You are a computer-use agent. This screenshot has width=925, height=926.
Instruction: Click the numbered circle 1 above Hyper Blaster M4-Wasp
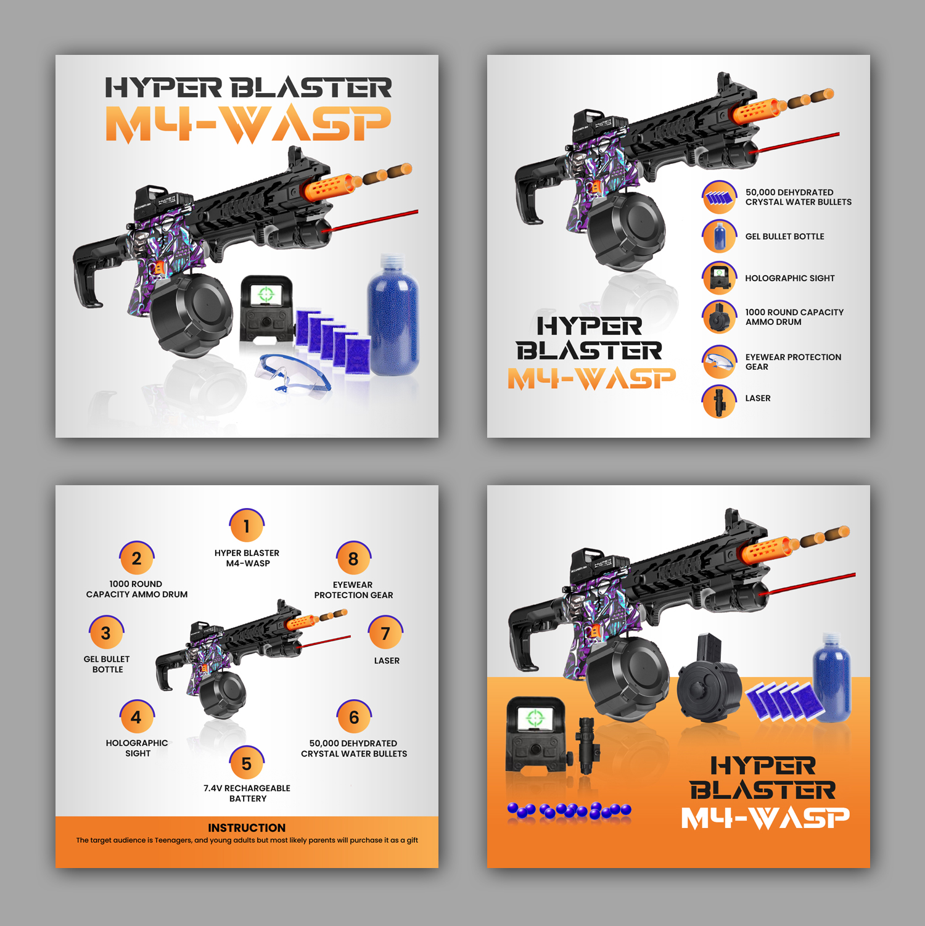247,525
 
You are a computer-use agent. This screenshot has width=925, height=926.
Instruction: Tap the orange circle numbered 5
247,763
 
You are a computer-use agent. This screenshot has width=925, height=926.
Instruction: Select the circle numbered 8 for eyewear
353,559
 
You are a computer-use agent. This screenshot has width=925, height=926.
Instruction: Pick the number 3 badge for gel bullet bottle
106,633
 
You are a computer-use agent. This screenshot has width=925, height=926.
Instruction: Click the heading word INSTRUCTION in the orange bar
247,827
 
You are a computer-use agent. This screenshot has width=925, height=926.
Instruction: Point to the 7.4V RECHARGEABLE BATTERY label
247,793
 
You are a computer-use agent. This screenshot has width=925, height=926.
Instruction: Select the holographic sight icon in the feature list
719,278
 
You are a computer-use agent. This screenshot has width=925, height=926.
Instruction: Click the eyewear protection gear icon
719,362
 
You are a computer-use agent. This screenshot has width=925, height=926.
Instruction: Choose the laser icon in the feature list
719,401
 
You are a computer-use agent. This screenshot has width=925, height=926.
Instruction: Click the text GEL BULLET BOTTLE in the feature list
784,236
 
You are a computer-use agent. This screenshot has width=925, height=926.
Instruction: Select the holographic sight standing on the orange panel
535,734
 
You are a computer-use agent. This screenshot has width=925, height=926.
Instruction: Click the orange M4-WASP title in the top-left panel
248,125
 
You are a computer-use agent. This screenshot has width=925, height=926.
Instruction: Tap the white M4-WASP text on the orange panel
765,817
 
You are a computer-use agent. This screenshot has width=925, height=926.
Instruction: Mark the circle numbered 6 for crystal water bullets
354,717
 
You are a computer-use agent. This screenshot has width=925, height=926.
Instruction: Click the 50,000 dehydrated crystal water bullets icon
719,197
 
